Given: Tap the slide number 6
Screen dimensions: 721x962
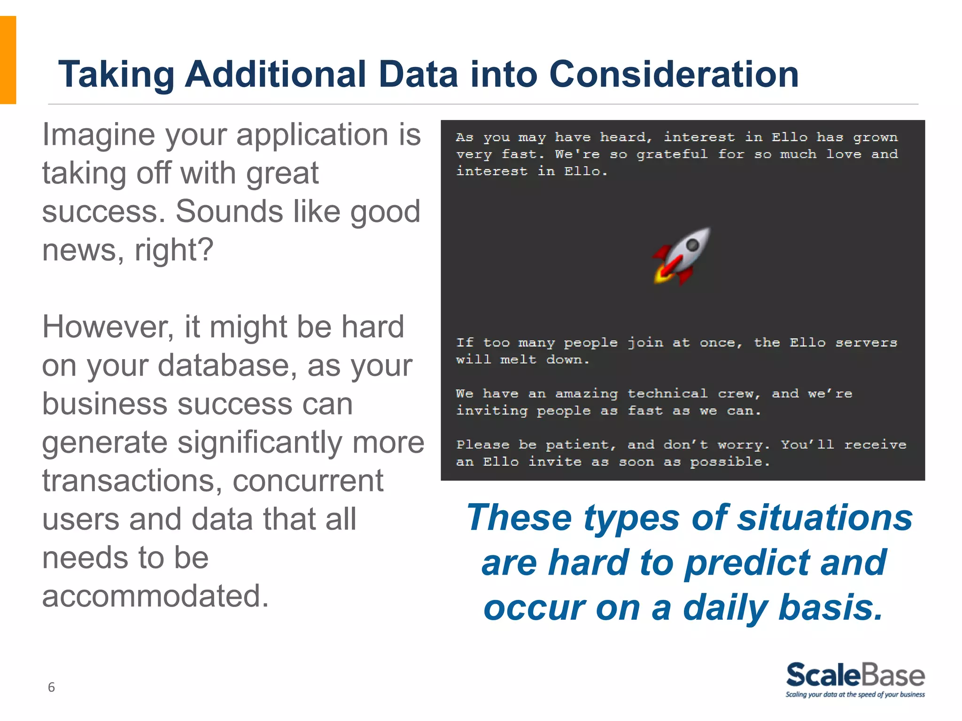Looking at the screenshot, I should [51, 687].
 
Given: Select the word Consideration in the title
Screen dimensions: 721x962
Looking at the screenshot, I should [674, 74].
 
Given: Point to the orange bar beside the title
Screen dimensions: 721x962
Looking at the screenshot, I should [8, 60].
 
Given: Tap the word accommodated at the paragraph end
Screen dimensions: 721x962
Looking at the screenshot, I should [155, 596].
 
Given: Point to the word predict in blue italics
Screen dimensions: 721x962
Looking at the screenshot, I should [747, 563].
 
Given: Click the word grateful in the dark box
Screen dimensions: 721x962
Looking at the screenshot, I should [672, 154].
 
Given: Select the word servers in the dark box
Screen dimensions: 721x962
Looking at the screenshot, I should [866, 343].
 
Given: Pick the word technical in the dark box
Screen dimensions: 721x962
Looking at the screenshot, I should [667, 393].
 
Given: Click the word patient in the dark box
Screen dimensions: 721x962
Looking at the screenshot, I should [580, 445].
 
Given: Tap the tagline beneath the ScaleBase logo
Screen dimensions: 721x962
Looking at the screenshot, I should [855, 695].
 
